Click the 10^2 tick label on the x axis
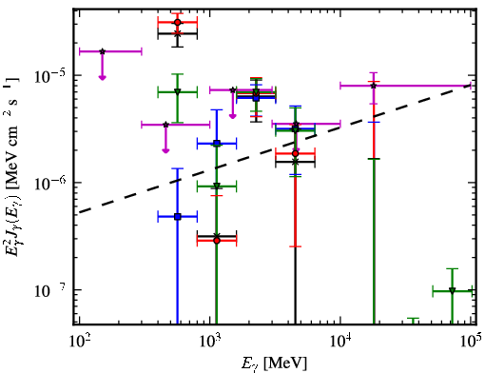(x=79, y=342)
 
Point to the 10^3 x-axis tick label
(x=210, y=342)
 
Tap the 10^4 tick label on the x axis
(x=340, y=342)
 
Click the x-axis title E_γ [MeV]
(x=274, y=363)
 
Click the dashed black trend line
(x=275, y=149)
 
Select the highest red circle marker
(x=178, y=22)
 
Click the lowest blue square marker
(x=178, y=217)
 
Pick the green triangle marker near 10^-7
(x=452, y=290)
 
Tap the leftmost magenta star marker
(x=102, y=51)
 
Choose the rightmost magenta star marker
(x=374, y=86)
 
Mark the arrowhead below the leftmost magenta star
(x=102, y=78)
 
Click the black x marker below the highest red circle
(x=178, y=33)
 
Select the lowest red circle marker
(x=217, y=241)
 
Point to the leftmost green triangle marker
(x=178, y=92)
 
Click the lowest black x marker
(x=217, y=236)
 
